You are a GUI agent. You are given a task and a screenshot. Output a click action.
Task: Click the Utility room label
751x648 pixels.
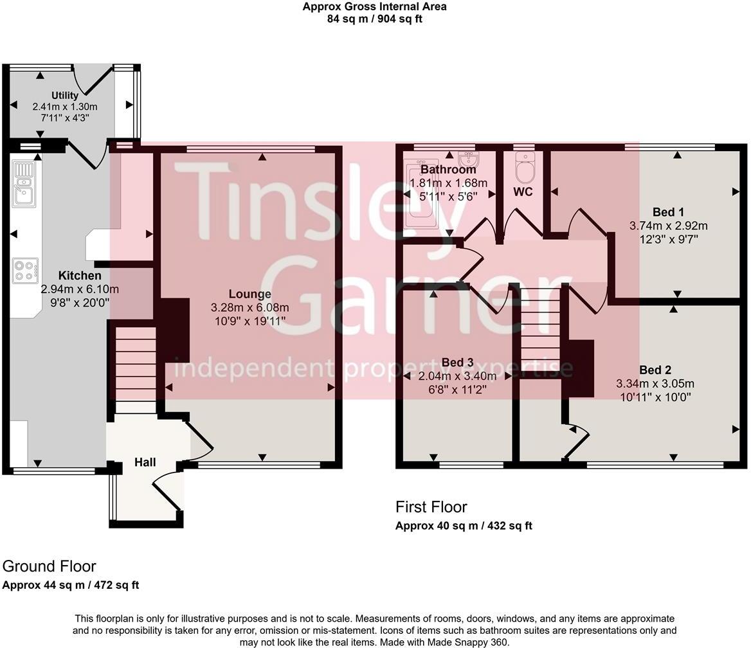pyautogui.click(x=65, y=95)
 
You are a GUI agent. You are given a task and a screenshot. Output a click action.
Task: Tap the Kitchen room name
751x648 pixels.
pyautogui.click(x=80, y=276)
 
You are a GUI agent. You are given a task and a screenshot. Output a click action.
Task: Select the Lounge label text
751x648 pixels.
pyautogui.click(x=249, y=294)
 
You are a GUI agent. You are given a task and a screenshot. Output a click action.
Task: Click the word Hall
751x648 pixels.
pyautogui.click(x=145, y=462)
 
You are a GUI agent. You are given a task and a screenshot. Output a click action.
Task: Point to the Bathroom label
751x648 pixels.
pyautogui.click(x=448, y=170)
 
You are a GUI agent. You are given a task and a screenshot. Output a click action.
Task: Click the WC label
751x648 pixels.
pyautogui.click(x=523, y=192)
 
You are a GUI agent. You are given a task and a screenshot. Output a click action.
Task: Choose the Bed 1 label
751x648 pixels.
pyautogui.click(x=668, y=212)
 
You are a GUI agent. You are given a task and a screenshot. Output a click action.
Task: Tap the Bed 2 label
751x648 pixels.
pyautogui.click(x=655, y=370)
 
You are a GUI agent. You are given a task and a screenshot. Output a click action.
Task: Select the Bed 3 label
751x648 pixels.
pyautogui.click(x=457, y=363)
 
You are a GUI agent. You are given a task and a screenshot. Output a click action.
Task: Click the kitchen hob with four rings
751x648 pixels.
pyautogui.click(x=25, y=270)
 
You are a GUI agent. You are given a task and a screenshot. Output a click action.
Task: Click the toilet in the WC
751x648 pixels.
pyautogui.click(x=525, y=168)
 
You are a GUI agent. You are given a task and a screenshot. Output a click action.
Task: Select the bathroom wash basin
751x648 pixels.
pyautogui.click(x=467, y=158)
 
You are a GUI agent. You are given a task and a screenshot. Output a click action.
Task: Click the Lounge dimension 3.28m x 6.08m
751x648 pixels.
pyautogui.click(x=249, y=307)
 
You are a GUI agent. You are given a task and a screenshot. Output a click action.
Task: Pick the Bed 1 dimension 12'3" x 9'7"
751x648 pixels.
pyautogui.click(x=668, y=239)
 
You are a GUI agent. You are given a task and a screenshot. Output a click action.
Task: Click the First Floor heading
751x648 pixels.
pyautogui.click(x=431, y=507)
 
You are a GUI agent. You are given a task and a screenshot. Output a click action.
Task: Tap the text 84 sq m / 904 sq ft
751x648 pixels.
pyautogui.click(x=374, y=19)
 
